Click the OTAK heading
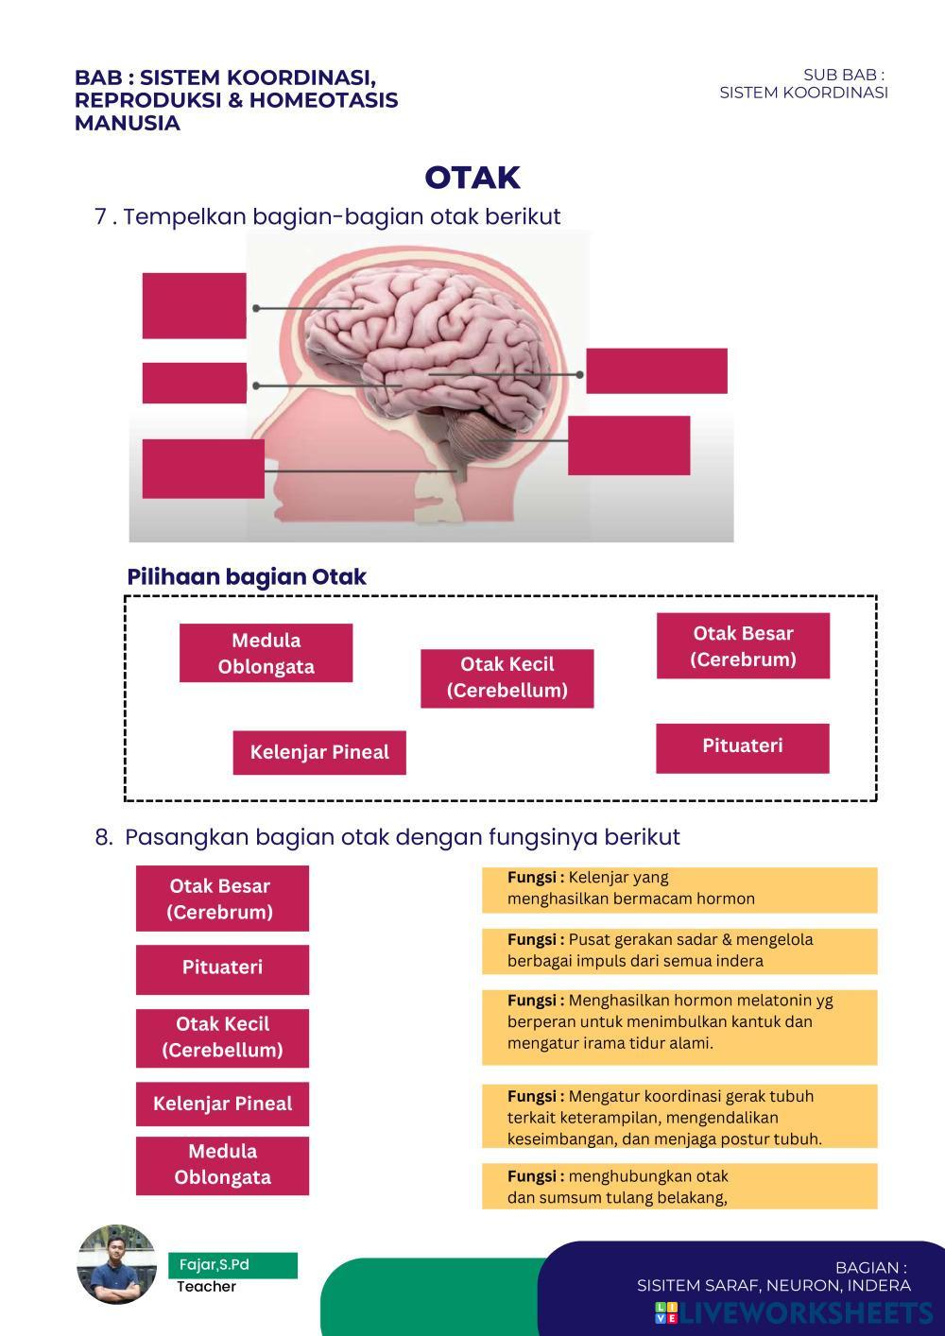tap(472, 178)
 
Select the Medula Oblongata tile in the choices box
tap(266, 653)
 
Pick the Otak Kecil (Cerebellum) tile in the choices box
tap(507, 677)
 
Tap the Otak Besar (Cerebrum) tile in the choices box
tap(743, 646)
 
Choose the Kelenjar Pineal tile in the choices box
tap(319, 752)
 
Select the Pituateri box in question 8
tap(222, 968)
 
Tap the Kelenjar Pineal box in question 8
tap(222, 1104)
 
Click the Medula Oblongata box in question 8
tap(222, 1165)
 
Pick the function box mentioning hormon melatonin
tap(679, 1026)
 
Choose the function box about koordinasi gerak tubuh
tap(679, 1117)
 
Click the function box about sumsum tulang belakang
tap(679, 1187)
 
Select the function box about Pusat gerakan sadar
tap(679, 951)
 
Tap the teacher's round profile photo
tap(117, 1265)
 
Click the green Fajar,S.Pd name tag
tap(232, 1265)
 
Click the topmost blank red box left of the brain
tap(194, 305)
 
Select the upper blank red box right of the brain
tap(656, 370)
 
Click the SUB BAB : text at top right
tap(843, 75)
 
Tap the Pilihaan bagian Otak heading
tap(247, 577)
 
